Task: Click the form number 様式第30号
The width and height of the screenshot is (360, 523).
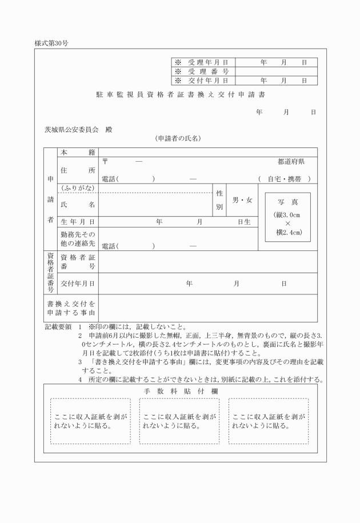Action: click(51, 43)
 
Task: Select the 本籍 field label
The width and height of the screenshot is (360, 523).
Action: click(77, 152)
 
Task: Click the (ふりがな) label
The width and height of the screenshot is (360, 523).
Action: click(77, 189)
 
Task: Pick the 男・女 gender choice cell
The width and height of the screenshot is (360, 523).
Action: click(242, 201)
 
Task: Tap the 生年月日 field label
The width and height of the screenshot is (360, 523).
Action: click(77, 222)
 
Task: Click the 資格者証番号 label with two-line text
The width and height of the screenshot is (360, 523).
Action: click(77, 262)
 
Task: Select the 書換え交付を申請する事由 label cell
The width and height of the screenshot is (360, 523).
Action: click(71, 308)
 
